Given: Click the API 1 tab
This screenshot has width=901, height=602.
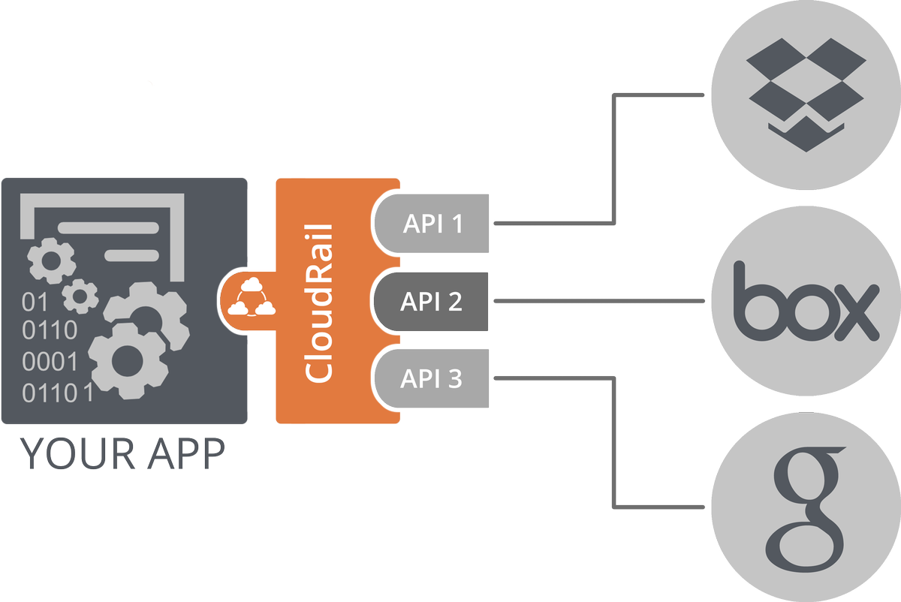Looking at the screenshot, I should (x=432, y=224).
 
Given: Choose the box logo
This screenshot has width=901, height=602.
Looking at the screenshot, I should (x=806, y=302).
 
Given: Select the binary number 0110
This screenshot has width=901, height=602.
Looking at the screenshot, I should (x=50, y=330).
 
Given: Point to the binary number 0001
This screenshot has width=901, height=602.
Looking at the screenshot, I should (x=50, y=362).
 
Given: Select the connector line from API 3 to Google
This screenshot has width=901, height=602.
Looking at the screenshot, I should (x=615, y=443).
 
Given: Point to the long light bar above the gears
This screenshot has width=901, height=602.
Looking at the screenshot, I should (x=108, y=227).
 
